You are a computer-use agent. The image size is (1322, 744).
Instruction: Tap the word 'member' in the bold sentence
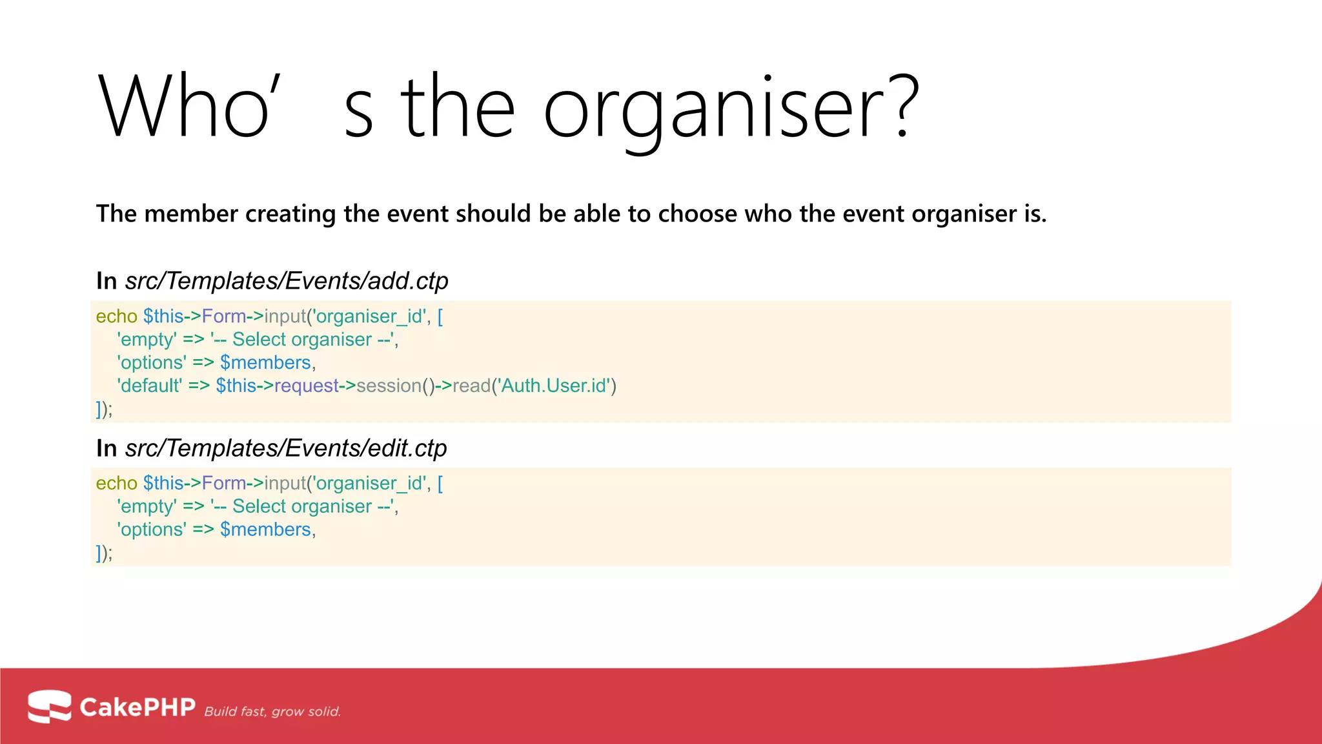coord(190,214)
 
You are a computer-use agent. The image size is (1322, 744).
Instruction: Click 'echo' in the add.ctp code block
coord(116,316)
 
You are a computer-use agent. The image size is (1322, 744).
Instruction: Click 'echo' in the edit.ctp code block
coord(116,483)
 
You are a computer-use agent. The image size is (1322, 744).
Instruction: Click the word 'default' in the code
coord(150,386)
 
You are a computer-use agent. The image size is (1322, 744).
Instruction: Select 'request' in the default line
coord(306,386)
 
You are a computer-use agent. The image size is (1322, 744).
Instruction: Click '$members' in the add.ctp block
coord(265,362)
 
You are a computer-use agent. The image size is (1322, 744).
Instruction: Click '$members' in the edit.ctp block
coord(265,530)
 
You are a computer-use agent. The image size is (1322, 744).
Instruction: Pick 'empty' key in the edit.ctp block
coord(147,507)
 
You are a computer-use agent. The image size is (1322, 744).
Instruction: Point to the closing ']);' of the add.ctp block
coord(104,409)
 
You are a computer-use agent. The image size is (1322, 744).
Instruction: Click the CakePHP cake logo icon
coord(49,706)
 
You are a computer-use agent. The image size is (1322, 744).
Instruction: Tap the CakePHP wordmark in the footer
coord(137,707)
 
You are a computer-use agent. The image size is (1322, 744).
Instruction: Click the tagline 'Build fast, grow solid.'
coord(272,712)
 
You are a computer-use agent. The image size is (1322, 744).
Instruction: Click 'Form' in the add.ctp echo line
coord(223,316)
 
